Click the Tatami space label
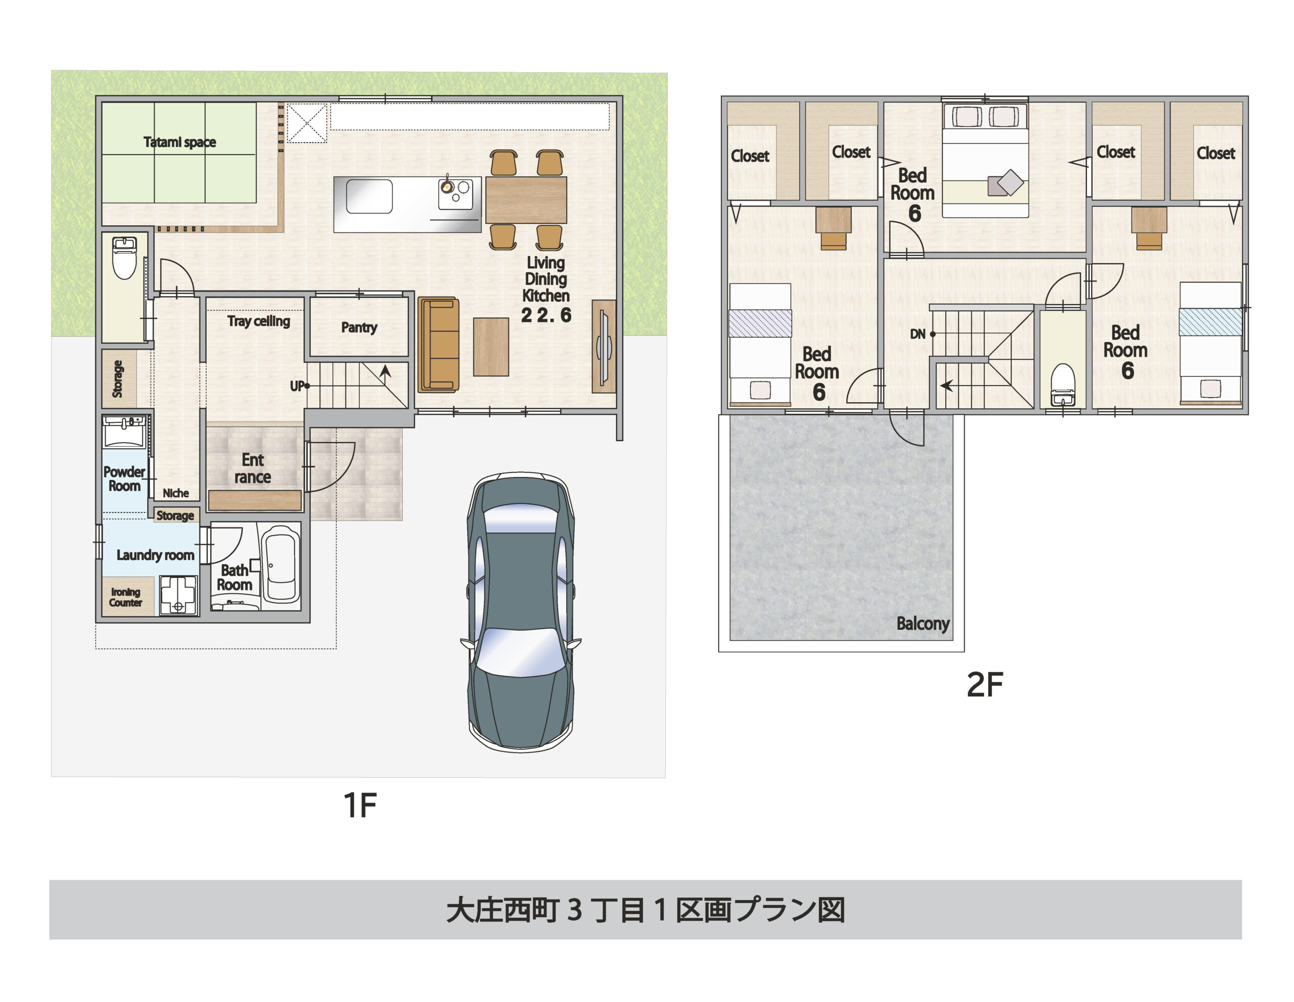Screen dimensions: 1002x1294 pos(179,142)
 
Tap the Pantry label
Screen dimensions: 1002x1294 pos(359,327)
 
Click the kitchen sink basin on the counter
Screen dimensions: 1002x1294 pos(368,197)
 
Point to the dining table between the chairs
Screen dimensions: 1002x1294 pos(526,200)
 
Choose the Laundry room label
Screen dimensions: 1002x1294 pos(155,555)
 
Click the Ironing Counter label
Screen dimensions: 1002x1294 pos(125,597)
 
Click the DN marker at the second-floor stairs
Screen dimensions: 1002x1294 pos(918,334)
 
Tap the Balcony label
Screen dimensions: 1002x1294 pos(922,624)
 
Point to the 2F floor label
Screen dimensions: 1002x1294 pos(985,685)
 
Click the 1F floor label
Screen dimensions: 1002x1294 pos(360,805)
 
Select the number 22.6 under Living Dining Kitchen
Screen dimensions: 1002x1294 pos(546,315)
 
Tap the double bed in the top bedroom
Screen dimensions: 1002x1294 pos(985,161)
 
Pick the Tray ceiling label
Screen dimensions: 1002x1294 pos(258,321)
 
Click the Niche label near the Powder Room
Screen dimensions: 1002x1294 pos(176,493)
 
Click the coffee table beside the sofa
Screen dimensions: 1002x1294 pos(491,347)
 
